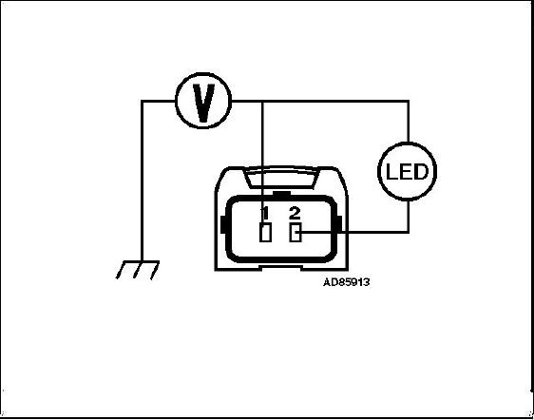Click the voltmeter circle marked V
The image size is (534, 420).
203,73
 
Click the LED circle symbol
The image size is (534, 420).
408,143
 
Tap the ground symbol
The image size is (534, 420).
138,270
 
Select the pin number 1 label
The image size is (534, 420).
265,213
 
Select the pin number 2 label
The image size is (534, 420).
295,213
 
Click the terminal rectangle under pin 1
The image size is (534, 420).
265,233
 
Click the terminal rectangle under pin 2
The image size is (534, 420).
295,233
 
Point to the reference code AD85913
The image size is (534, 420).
347,282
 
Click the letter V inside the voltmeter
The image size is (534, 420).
203,103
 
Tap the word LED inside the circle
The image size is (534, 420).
407,172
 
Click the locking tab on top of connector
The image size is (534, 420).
281,177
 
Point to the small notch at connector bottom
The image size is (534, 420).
280,268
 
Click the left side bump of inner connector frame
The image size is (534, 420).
223,225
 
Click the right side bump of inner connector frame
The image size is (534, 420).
339,225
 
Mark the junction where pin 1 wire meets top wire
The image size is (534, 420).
262,101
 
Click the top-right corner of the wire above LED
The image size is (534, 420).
408,101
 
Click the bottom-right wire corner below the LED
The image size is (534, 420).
408,232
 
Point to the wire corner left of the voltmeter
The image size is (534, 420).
142,101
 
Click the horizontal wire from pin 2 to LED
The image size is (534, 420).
353,232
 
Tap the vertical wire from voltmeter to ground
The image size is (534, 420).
142,181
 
